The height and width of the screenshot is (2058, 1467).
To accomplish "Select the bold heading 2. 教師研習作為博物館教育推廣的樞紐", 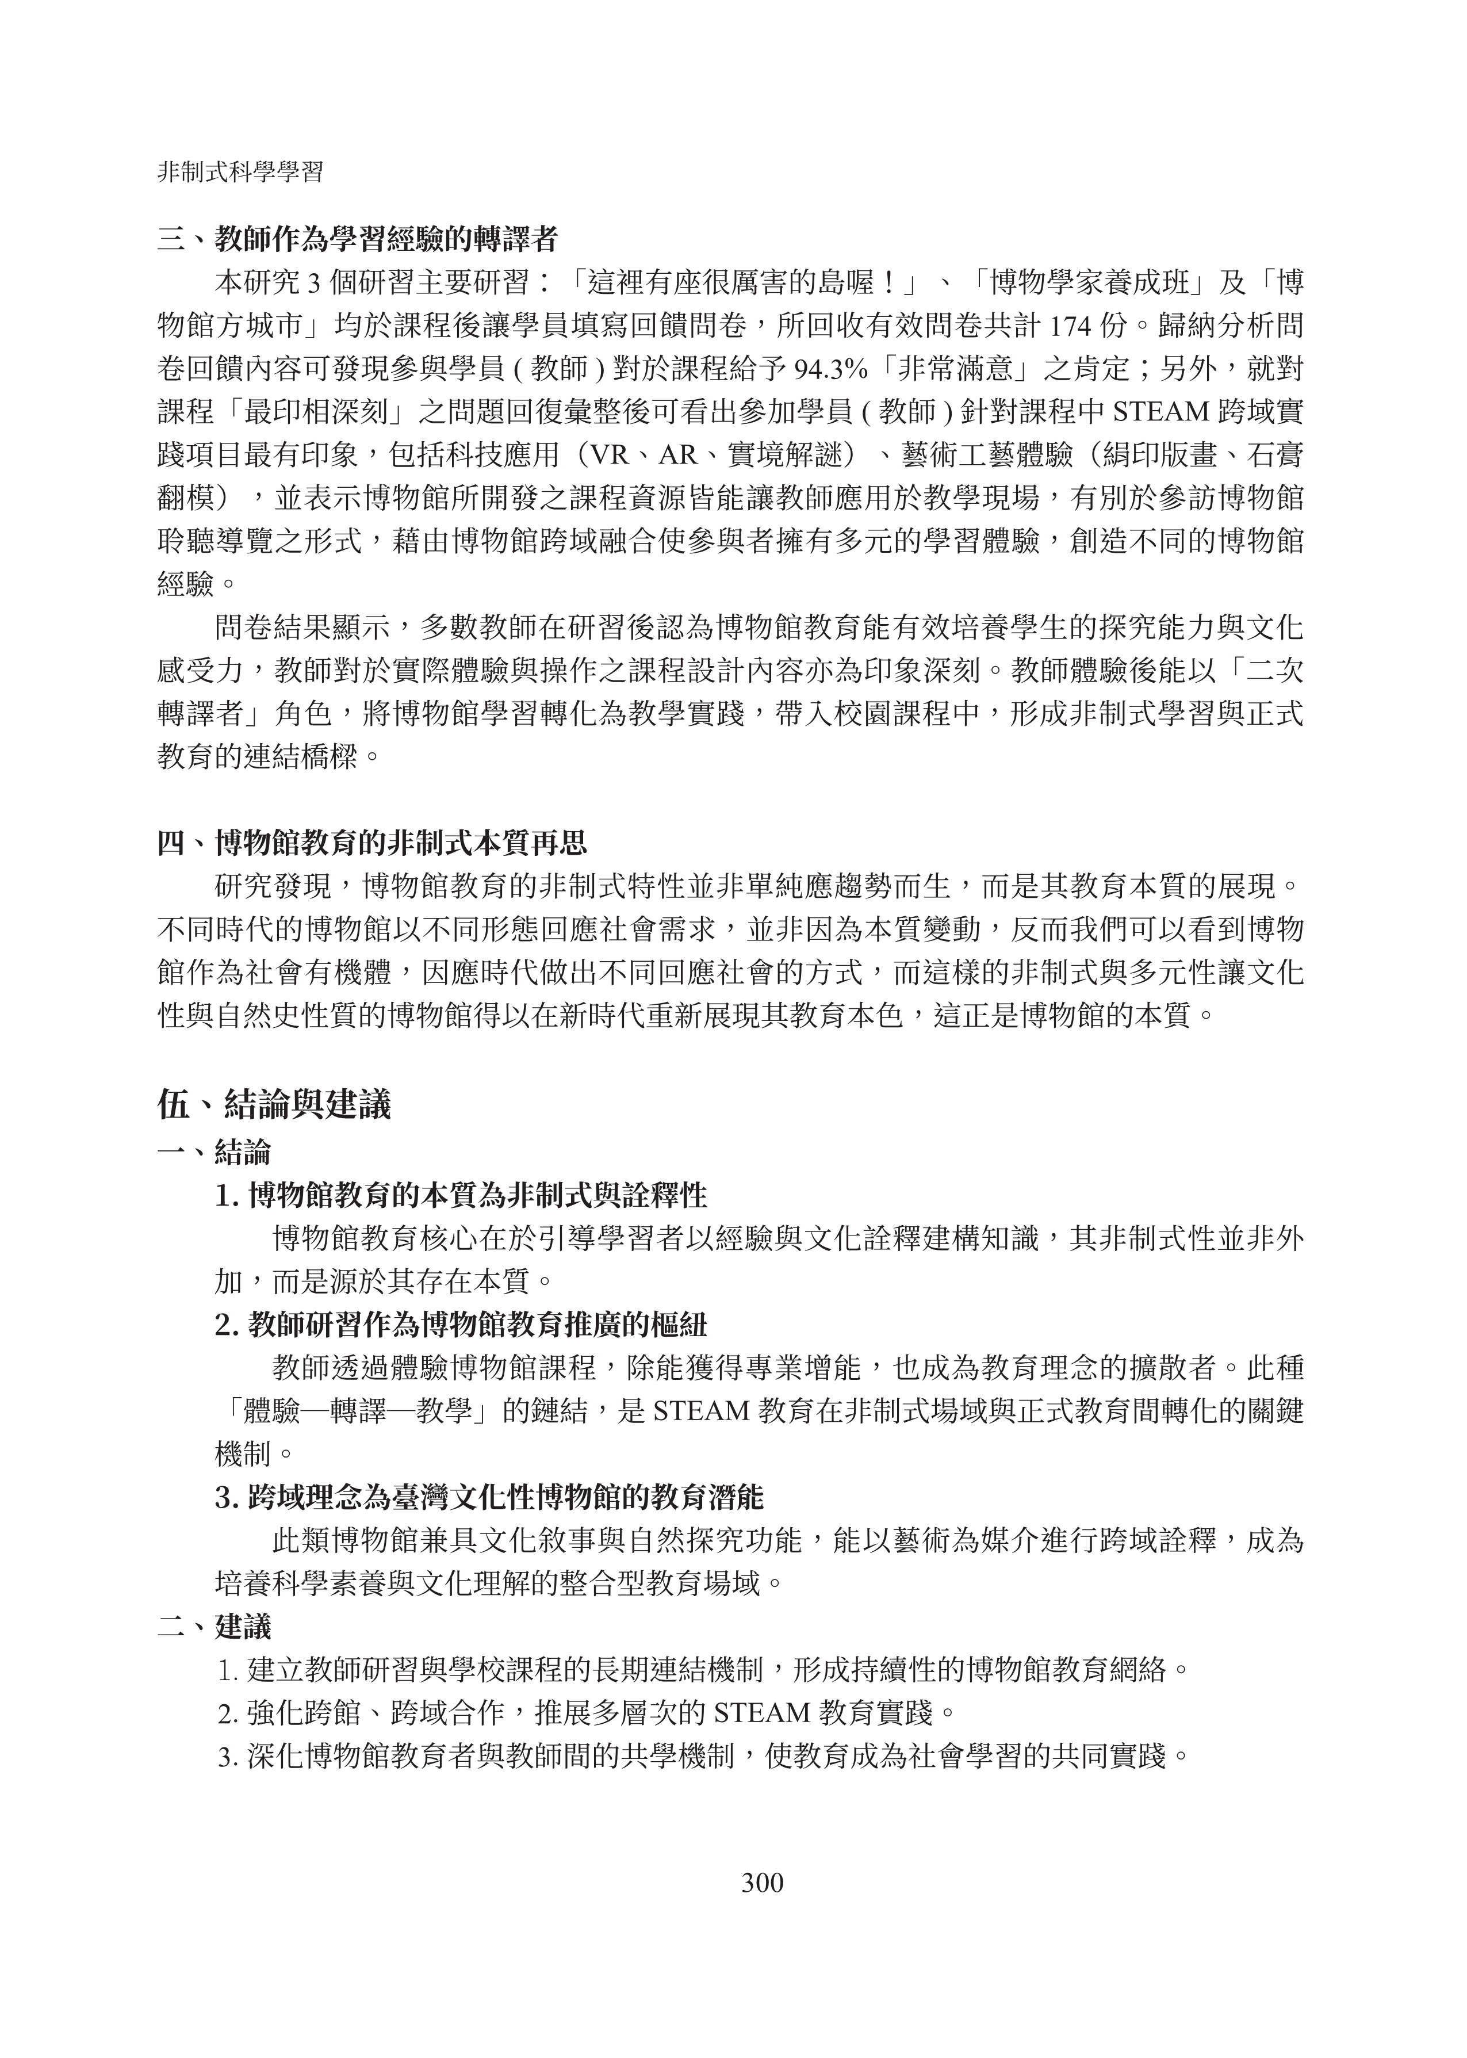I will click(461, 1325).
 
